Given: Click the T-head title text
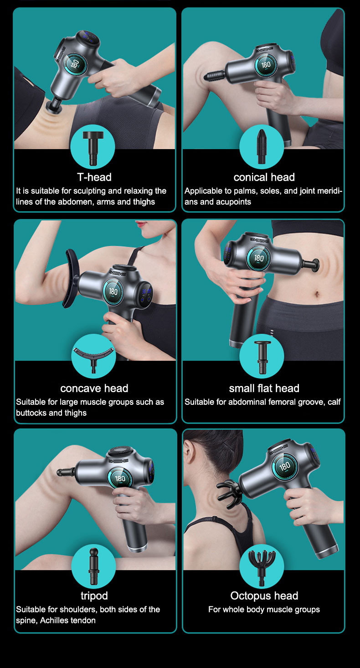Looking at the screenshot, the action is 94,177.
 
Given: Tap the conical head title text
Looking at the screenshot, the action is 264,177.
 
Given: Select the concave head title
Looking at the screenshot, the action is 94,388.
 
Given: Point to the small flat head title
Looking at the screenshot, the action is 264,388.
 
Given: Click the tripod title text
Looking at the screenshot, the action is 94,596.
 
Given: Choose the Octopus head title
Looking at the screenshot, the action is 264,596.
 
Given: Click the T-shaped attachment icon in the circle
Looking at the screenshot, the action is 93,148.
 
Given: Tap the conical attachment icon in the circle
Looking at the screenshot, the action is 262,146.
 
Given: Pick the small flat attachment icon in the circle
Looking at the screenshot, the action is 262,357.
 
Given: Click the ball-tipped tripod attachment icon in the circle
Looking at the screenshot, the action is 93,566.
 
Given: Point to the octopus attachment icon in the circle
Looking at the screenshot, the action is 262,568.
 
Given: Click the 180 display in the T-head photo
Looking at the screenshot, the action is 75,64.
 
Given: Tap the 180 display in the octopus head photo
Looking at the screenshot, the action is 285,466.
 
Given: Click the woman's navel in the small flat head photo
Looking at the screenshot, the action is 317,295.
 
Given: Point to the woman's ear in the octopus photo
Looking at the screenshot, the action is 189,452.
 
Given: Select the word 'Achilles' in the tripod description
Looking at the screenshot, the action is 54,620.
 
